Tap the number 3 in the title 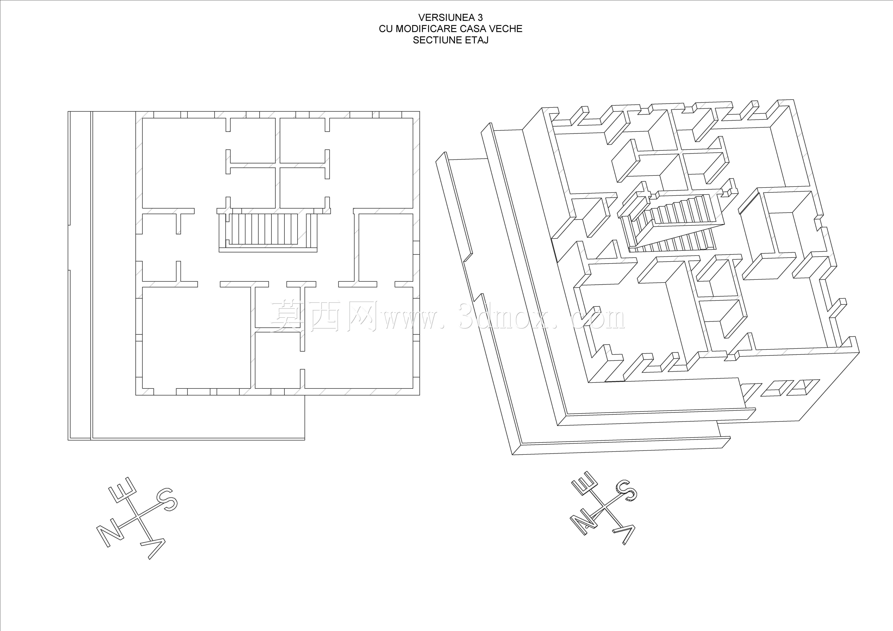tap(480, 17)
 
